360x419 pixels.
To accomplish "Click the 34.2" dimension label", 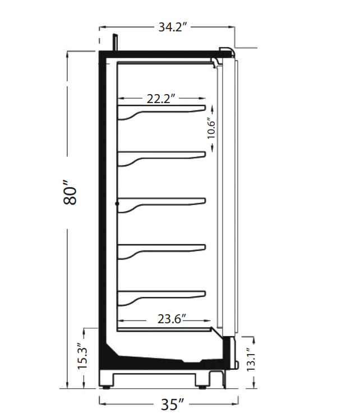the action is pos(173,27).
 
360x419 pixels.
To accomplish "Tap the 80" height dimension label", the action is pos(70,192).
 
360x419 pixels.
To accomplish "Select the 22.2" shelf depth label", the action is pos(161,99).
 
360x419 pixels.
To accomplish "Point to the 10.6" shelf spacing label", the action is pos(211,128).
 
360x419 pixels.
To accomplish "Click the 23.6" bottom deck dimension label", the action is pos(172,319).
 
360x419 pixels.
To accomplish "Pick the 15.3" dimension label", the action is pos(82,356).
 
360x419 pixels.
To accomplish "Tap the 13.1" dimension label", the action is pos(251,360).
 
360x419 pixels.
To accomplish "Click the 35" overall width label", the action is pos(173,404).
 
